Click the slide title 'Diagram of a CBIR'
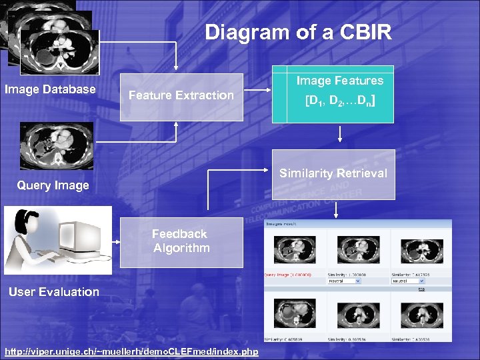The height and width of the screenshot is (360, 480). pos(298,33)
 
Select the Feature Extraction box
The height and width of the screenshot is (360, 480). pos(181,96)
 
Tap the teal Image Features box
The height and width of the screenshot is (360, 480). pos(340,94)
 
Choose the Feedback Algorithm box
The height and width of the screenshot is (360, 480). pos(181,241)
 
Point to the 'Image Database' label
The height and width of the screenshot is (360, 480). pos(50,89)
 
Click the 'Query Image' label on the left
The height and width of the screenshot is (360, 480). pos(53,185)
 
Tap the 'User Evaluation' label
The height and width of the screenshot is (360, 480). pos(54,292)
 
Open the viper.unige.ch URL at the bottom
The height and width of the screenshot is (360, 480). pos(131,351)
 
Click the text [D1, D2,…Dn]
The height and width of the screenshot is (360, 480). pos(340,102)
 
